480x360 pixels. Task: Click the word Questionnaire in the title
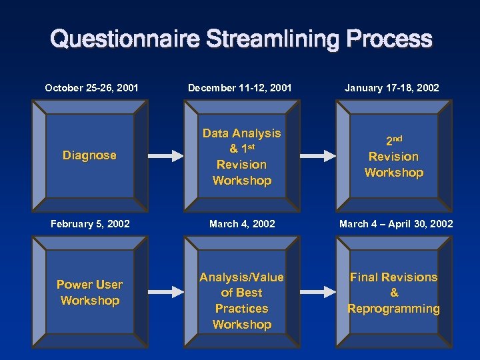[124, 39]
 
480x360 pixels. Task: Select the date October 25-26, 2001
[92, 88]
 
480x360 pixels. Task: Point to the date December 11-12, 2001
[240, 88]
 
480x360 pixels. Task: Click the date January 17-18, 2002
[392, 88]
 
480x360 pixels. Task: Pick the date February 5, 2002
[91, 224]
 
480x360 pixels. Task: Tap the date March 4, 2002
[242, 224]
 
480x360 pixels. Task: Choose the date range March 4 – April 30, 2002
[396, 224]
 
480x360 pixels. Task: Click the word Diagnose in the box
[89, 155]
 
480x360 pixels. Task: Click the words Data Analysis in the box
[242, 133]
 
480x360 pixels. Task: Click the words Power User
[89, 285]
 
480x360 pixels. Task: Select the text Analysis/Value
[242, 277]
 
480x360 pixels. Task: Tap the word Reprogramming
[394, 309]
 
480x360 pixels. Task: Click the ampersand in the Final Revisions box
[394, 293]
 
